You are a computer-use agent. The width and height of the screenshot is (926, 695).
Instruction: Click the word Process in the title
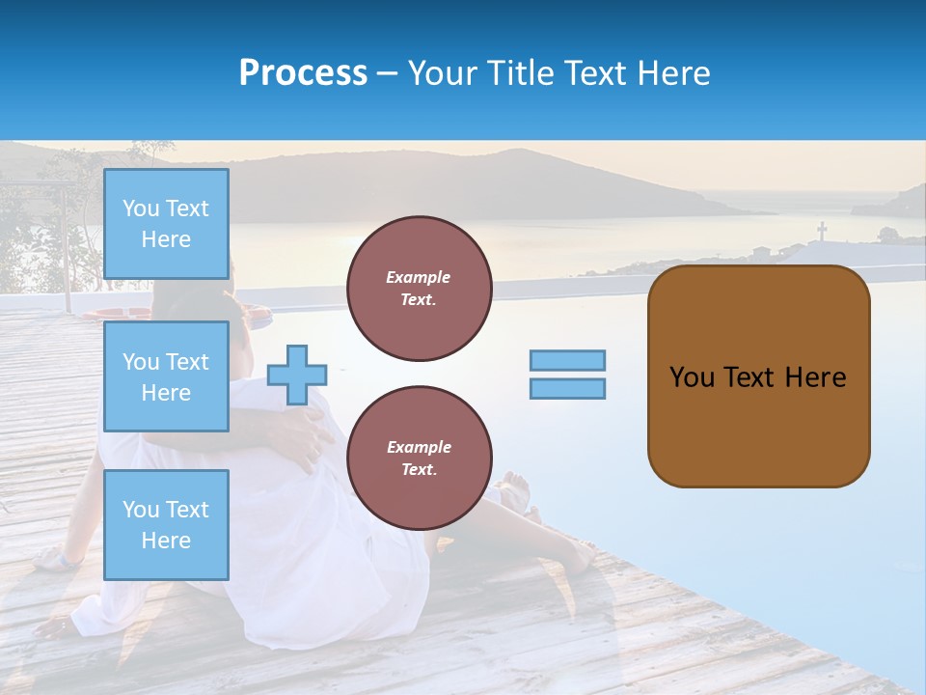pos(303,72)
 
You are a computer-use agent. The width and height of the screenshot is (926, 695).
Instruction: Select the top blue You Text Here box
pos(166,224)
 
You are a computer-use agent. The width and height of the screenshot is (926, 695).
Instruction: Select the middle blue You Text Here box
pos(166,376)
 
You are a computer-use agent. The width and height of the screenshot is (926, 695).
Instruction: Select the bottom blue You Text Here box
pos(166,524)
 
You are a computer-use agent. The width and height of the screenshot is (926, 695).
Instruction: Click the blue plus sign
pos(297,375)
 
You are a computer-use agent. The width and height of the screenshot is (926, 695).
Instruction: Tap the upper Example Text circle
pos(419,289)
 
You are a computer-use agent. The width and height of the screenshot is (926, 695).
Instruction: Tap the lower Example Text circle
pos(419,459)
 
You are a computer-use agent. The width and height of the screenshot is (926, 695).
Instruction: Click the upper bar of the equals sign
pos(567,360)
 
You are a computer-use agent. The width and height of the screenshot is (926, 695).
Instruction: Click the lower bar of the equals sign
pos(567,389)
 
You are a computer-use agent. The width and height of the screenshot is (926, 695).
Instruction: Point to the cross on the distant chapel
pos(822,231)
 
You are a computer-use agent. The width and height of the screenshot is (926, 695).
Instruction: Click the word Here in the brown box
pos(815,377)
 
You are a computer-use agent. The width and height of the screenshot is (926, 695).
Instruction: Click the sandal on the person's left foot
pos(58,558)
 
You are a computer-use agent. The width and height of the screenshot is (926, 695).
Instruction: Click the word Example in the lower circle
pos(419,447)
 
